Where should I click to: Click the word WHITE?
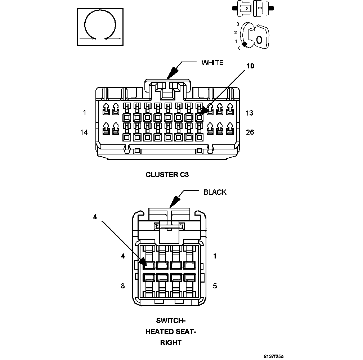pos(212,63)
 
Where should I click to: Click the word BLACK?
pos(215,192)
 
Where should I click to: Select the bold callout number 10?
pos(250,66)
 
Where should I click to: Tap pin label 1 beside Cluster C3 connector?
pos(85,113)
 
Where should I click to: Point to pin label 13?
pos(249,113)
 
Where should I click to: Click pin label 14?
pos(84,132)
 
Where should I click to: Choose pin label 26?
pos(250,132)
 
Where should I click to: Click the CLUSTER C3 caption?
pos(167,175)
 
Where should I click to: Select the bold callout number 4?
pos(95,217)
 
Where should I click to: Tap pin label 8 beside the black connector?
pos(123,286)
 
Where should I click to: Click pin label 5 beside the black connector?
pos(215,286)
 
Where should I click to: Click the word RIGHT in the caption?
pos(171,343)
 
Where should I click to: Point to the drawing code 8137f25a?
pos(274,356)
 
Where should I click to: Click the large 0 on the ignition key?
pos(259,40)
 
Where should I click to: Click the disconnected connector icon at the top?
pos(254,8)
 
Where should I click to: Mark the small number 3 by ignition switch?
pos(238,24)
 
